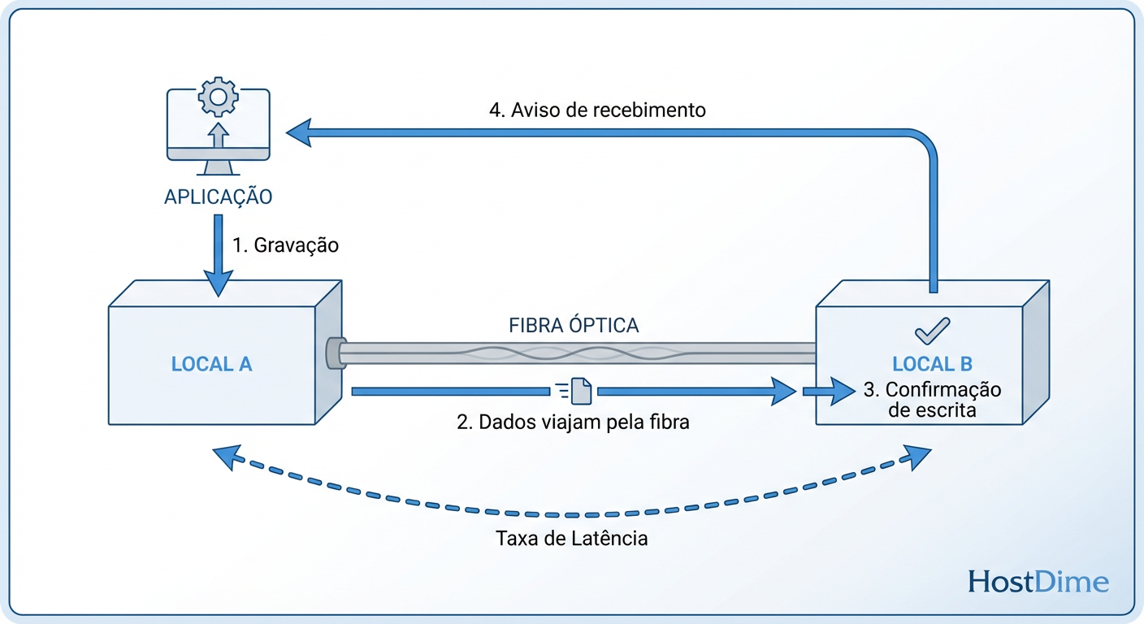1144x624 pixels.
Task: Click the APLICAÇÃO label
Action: tap(217, 197)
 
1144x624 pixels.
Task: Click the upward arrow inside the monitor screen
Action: tap(217, 133)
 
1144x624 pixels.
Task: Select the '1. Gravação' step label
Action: tap(285, 245)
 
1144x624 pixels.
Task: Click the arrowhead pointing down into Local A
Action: tap(217, 284)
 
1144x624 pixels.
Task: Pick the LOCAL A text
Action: tap(211, 364)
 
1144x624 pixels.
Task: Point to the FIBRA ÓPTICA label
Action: tap(574, 326)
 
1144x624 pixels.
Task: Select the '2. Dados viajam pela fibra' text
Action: tap(573, 422)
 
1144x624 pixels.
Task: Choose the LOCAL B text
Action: tap(932, 363)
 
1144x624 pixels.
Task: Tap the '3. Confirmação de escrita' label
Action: tap(932, 400)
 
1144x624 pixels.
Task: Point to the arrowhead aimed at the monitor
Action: tap(299, 132)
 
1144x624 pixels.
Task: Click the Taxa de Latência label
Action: tap(572, 538)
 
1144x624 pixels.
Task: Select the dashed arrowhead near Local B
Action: tap(919, 458)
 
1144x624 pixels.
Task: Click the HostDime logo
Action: tap(1038, 582)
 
